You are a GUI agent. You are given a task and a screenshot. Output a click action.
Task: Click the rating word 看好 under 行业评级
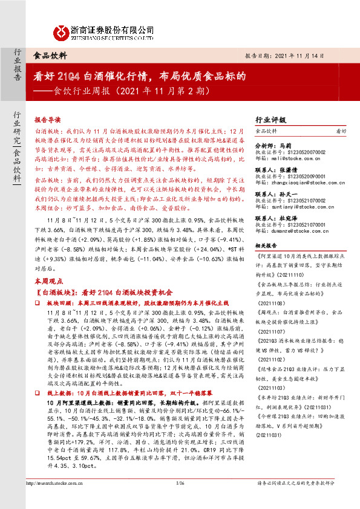click(341, 131)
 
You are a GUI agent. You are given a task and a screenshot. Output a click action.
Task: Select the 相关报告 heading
click(267, 247)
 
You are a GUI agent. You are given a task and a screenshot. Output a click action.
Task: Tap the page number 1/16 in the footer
click(179, 500)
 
